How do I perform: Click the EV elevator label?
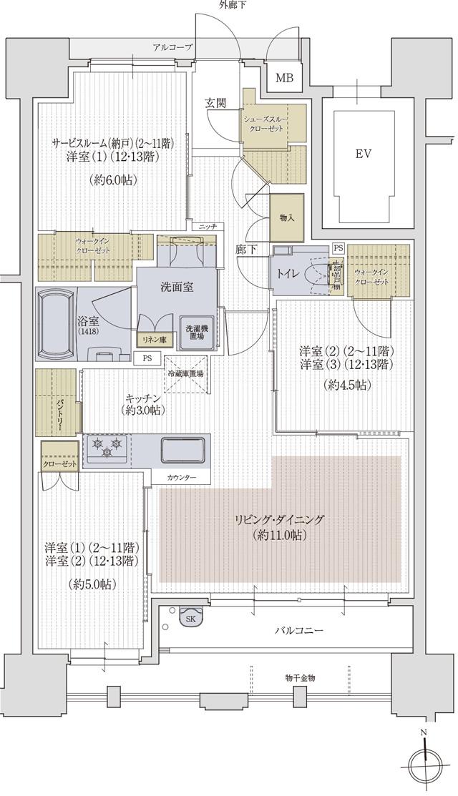pyautogui.click(x=364, y=154)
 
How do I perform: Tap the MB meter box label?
pyautogui.click(x=284, y=78)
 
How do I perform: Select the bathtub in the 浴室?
pyautogui.click(x=58, y=323)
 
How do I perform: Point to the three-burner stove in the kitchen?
pyautogui.click(x=107, y=448)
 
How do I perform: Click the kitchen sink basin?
pyautogui.click(x=184, y=451)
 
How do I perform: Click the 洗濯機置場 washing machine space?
pyautogui.click(x=194, y=333)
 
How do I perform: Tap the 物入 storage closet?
pyautogui.click(x=287, y=217)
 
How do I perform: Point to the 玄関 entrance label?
pyautogui.click(x=215, y=104)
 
